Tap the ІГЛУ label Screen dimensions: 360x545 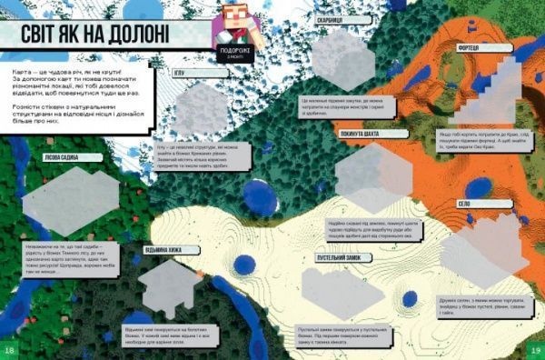[180, 71]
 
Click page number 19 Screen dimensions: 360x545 [535, 350]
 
